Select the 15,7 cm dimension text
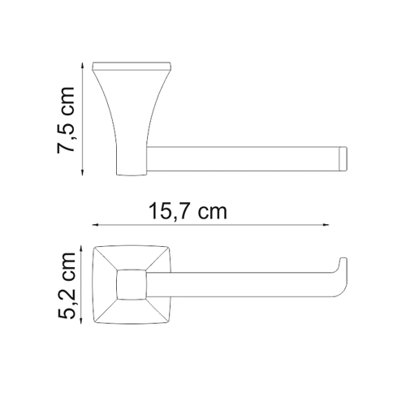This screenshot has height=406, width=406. pyautogui.click(x=187, y=213)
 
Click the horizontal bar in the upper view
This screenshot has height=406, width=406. pyautogui.click(x=244, y=158)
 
